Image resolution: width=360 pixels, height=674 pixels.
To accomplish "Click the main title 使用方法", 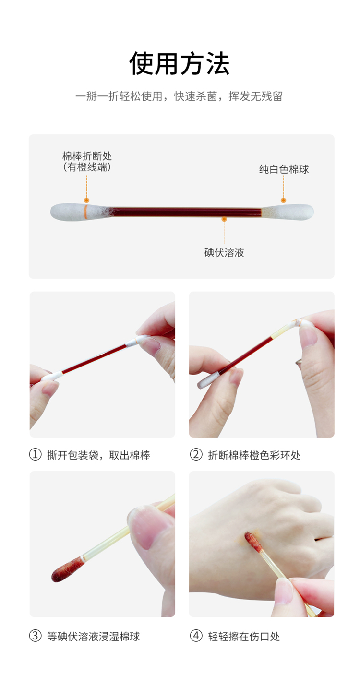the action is pyautogui.click(x=180, y=63).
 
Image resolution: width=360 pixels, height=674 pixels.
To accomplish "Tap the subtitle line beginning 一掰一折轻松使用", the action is pyautogui.click(x=179, y=96).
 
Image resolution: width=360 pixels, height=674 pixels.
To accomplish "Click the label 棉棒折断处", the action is pyautogui.click(x=87, y=156).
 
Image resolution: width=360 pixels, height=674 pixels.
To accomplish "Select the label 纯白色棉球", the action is pyautogui.click(x=284, y=169).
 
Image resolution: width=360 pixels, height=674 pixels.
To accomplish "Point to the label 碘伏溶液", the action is pyautogui.click(x=224, y=252).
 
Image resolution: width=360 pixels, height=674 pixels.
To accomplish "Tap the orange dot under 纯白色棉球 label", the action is pyautogui.click(x=283, y=201).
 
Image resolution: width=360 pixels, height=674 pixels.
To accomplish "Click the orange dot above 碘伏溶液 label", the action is pyautogui.click(x=224, y=219).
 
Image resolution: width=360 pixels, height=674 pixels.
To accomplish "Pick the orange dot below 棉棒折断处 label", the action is pyautogui.click(x=87, y=201).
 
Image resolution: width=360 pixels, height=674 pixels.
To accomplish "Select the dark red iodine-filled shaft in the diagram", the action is pyautogui.click(x=187, y=212).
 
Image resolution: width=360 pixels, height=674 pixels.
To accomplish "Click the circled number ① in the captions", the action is pyautogui.click(x=35, y=455).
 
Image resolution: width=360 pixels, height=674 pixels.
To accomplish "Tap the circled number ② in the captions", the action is pyautogui.click(x=196, y=455).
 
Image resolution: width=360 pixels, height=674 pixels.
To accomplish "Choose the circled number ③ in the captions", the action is pyautogui.click(x=35, y=636).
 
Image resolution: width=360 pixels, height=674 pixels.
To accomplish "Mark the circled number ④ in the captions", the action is pyautogui.click(x=196, y=636).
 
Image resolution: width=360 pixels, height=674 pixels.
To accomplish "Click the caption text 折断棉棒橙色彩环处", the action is pyautogui.click(x=254, y=455).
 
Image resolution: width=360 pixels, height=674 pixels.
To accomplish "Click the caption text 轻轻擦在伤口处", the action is pyautogui.click(x=244, y=636).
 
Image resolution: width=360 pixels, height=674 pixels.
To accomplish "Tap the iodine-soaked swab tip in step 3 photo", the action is pyautogui.click(x=67, y=569).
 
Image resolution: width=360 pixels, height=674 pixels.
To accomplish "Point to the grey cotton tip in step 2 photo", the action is pyautogui.click(x=208, y=380).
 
